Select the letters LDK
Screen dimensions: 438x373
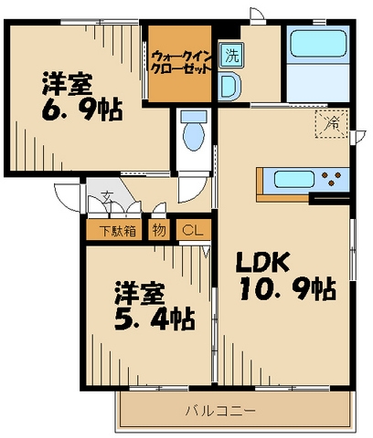(x=264, y=263)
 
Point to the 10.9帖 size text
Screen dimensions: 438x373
(x=285, y=291)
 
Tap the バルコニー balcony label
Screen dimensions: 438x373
(x=222, y=412)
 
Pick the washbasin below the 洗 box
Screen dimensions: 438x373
(x=230, y=86)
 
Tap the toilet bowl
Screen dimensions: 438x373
(x=192, y=133)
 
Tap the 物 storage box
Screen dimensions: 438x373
(x=160, y=231)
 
